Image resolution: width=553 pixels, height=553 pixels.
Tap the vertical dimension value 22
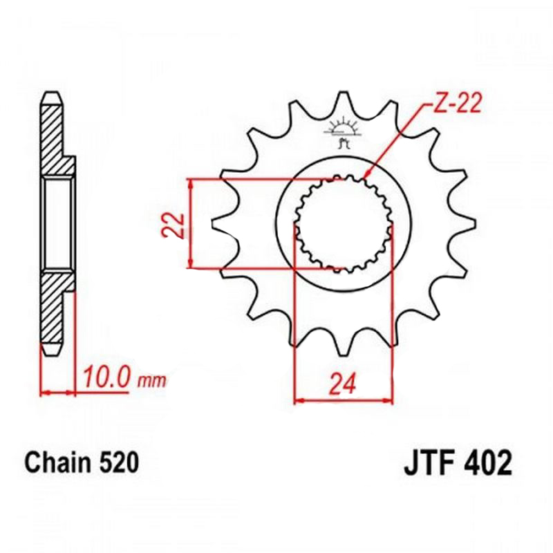click(174, 223)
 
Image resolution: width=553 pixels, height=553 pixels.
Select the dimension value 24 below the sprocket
click(343, 382)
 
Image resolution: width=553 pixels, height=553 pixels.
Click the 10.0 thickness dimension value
click(106, 378)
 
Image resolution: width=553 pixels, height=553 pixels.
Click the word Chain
click(57, 462)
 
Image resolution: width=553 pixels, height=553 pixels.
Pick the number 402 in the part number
click(488, 462)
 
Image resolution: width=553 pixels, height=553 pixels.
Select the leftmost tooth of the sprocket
click(220, 225)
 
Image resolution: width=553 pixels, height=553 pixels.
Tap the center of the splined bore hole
click(344, 223)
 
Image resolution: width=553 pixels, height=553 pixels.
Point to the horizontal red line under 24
click(343, 399)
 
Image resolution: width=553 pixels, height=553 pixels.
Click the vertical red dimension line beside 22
click(190, 223)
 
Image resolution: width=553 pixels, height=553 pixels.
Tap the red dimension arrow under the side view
click(58, 393)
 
